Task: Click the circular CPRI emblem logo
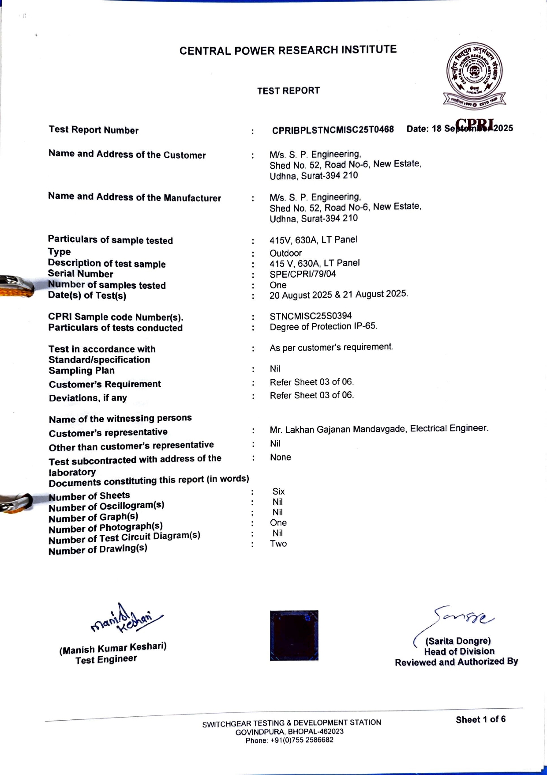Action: (474, 73)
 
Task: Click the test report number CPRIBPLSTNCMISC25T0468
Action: (333, 130)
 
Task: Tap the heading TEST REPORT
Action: (288, 91)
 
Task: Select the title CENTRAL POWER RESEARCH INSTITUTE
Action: (288, 50)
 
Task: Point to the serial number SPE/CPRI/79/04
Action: (303, 274)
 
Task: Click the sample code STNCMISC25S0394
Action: (311, 316)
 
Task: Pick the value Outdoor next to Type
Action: (286, 253)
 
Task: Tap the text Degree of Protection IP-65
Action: (323, 326)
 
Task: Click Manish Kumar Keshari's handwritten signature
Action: (126, 619)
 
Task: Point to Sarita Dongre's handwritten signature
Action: (463, 616)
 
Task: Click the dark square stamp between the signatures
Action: (294, 635)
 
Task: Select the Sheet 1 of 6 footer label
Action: (480, 719)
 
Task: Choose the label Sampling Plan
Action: (82, 370)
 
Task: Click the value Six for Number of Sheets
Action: (278, 491)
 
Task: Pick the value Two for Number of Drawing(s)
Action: (278, 544)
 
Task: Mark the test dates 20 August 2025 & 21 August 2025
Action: (339, 294)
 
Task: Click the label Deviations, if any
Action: (88, 398)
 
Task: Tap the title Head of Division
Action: (459, 651)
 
